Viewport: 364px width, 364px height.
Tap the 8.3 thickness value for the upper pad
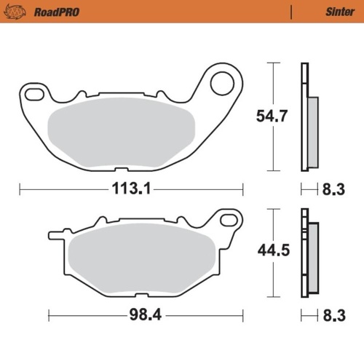pyautogui.click(x=332, y=190)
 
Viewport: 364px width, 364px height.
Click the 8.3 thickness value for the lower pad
pyautogui.click(x=332, y=316)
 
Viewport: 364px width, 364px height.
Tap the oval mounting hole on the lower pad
pyautogui.click(x=229, y=219)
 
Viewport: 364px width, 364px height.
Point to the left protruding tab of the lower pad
pyautogui.click(x=57, y=234)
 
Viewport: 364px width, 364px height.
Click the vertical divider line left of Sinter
pyautogui.click(x=290, y=12)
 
